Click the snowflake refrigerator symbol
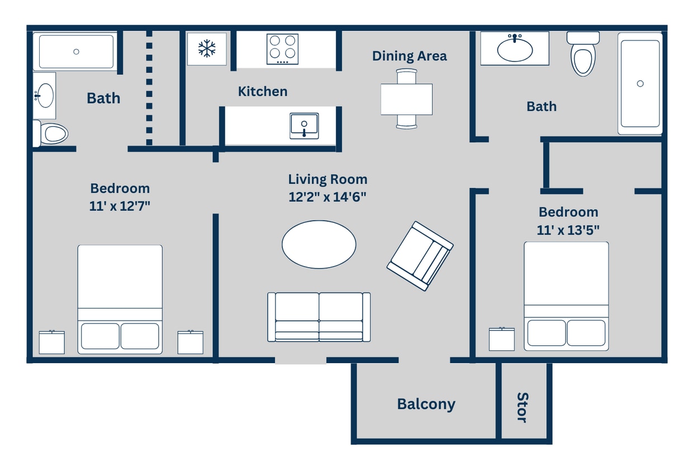click(207, 49)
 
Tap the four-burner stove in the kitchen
click(282, 49)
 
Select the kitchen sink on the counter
click(304, 125)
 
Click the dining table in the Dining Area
click(406, 99)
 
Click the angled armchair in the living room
click(420, 256)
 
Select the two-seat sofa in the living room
click(319, 317)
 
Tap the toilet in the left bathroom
click(51, 134)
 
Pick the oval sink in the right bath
click(515, 49)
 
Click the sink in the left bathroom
click(44, 96)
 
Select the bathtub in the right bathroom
click(640, 83)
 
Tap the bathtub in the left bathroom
click(75, 51)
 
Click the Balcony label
click(426, 404)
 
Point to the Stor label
click(522, 407)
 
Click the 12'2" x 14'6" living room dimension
click(327, 197)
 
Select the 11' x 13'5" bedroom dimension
click(568, 229)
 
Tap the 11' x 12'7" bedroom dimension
click(120, 206)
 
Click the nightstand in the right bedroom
click(501, 339)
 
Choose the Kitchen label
click(263, 91)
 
